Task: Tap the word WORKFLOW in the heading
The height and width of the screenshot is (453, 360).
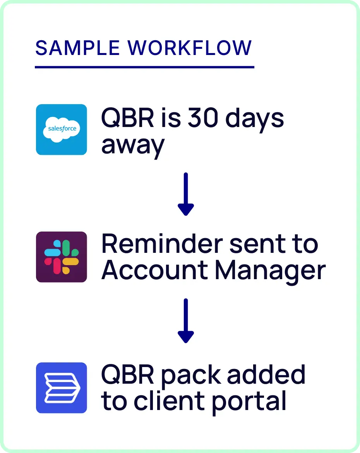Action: (190, 48)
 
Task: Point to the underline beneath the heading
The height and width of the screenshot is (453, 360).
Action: (144, 67)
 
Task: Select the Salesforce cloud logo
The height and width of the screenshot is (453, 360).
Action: (62, 129)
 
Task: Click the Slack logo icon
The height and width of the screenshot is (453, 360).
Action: (62, 257)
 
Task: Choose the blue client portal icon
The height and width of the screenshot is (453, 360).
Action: (62, 388)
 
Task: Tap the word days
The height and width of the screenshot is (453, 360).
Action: (255, 118)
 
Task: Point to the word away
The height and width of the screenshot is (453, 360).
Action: (133, 145)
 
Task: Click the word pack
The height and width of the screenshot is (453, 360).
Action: (191, 375)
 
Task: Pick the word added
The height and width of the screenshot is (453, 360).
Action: (266, 374)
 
